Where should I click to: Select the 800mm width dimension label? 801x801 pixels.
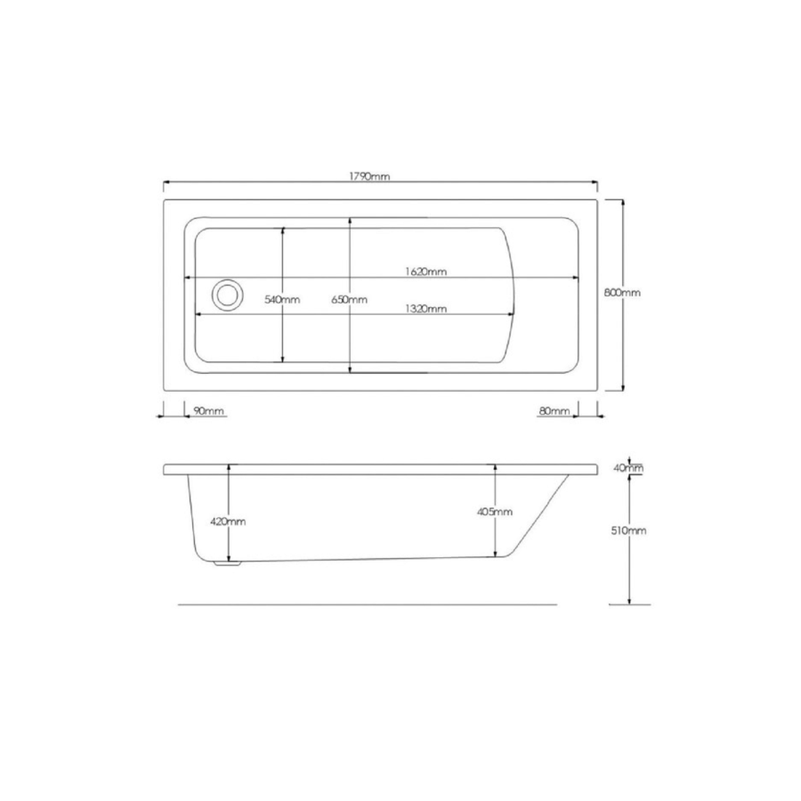[622, 292]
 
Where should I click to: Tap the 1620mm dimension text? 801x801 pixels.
[425, 272]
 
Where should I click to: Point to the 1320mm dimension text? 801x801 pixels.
[425, 309]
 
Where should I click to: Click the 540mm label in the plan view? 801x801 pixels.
[282, 300]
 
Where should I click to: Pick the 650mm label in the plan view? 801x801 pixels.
[350, 300]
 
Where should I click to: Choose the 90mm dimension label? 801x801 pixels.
[208, 410]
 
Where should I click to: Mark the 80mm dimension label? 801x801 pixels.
[554, 410]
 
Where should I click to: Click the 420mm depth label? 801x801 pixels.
[229, 521]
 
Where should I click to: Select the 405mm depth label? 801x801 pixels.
[495, 512]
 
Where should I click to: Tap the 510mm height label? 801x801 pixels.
[629, 530]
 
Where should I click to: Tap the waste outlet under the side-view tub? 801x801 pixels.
[230, 562]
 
